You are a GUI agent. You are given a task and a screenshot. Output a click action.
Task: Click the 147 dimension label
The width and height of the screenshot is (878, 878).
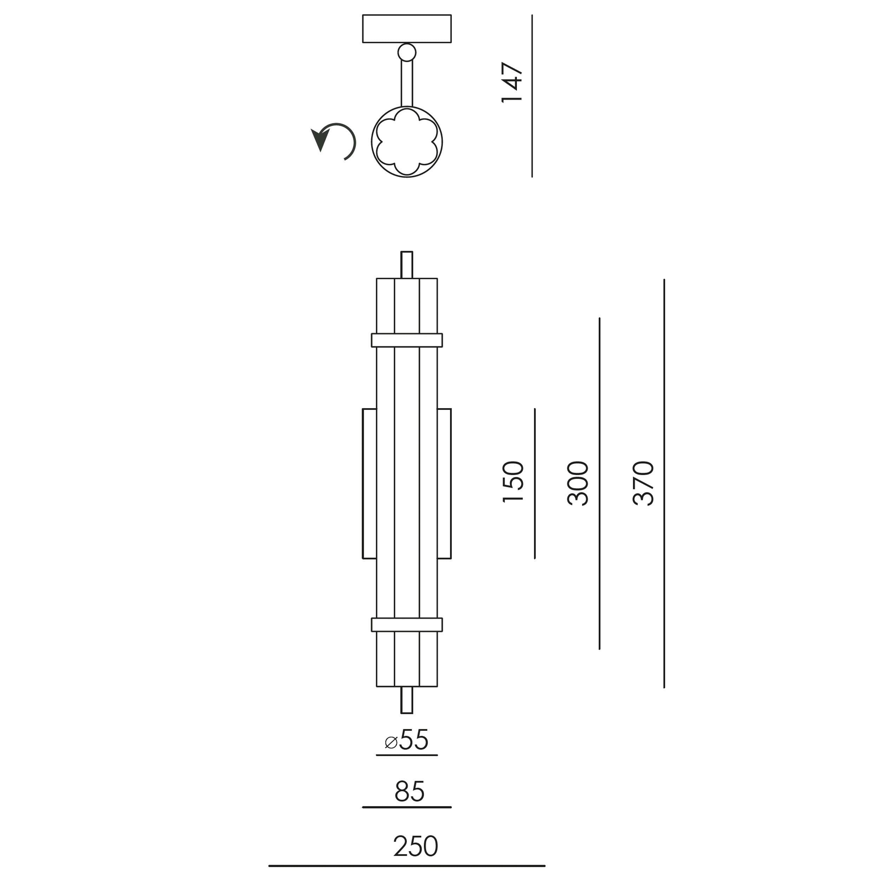pos(512,82)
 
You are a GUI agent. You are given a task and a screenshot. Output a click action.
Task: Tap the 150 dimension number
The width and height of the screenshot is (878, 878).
pos(513,482)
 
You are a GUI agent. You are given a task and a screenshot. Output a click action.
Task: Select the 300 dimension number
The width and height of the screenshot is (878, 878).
pos(578,483)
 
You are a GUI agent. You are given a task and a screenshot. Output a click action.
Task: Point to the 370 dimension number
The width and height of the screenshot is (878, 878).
pos(643,483)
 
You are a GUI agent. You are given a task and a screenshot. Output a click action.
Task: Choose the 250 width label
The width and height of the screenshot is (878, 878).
pos(415,846)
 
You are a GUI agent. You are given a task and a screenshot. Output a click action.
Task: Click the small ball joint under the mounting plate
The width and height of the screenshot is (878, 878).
pos(407,53)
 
